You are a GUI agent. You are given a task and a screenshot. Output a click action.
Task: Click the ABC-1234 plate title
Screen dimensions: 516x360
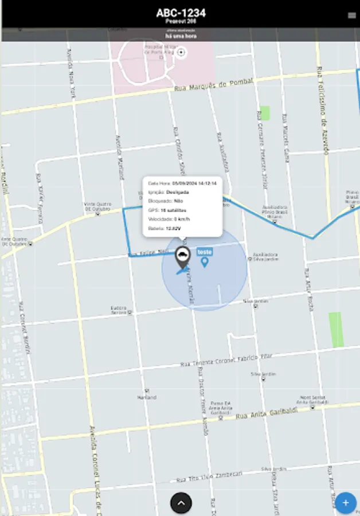(x=181, y=13)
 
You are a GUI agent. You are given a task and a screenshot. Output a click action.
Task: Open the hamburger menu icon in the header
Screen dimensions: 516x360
(x=351, y=15)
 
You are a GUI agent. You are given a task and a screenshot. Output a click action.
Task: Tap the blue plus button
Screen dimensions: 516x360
(x=345, y=503)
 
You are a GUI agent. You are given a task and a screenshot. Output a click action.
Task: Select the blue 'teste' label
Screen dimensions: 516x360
(x=205, y=252)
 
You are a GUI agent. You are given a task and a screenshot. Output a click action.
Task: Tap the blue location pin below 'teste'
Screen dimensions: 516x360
(x=205, y=262)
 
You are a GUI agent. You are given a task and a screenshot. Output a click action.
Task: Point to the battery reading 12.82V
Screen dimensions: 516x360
(x=173, y=228)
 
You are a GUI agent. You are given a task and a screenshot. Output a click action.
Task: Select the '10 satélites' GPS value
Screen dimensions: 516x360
(x=174, y=210)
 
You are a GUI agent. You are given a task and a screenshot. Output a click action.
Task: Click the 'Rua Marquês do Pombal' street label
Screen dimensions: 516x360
(x=213, y=85)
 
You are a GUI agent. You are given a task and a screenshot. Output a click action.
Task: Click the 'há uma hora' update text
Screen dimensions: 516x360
(x=181, y=36)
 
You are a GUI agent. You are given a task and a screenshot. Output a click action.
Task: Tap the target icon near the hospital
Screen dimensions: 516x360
(x=182, y=53)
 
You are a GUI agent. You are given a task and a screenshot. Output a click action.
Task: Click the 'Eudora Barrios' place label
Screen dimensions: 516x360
(x=119, y=310)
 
